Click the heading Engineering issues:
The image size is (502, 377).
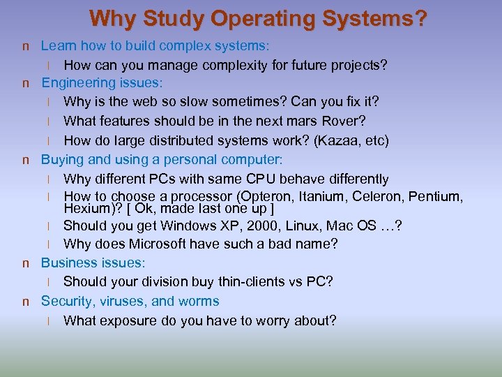[102, 83]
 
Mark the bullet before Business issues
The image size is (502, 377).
[26, 264]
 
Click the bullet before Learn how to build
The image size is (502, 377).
[26, 47]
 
